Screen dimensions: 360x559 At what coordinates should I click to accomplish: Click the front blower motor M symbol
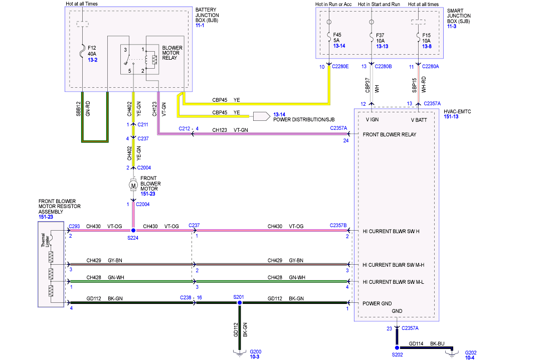[x=133, y=186]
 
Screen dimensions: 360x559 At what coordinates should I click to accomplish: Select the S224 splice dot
[x=133, y=231]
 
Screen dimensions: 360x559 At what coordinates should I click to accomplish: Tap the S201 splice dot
[x=239, y=303]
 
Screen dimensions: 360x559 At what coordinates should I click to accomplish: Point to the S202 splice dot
[x=397, y=347]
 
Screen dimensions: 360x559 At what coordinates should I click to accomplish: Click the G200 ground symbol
[x=239, y=352]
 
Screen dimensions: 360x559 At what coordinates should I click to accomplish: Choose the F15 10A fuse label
[x=427, y=38]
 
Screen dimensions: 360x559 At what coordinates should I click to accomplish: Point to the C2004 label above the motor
[x=143, y=167]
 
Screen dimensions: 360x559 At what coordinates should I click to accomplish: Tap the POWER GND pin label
[x=378, y=303]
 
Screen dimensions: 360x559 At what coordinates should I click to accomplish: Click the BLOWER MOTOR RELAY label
[x=172, y=53]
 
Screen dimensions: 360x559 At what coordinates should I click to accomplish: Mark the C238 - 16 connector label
[x=191, y=297]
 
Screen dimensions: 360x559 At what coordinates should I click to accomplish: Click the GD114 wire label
[x=417, y=344]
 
